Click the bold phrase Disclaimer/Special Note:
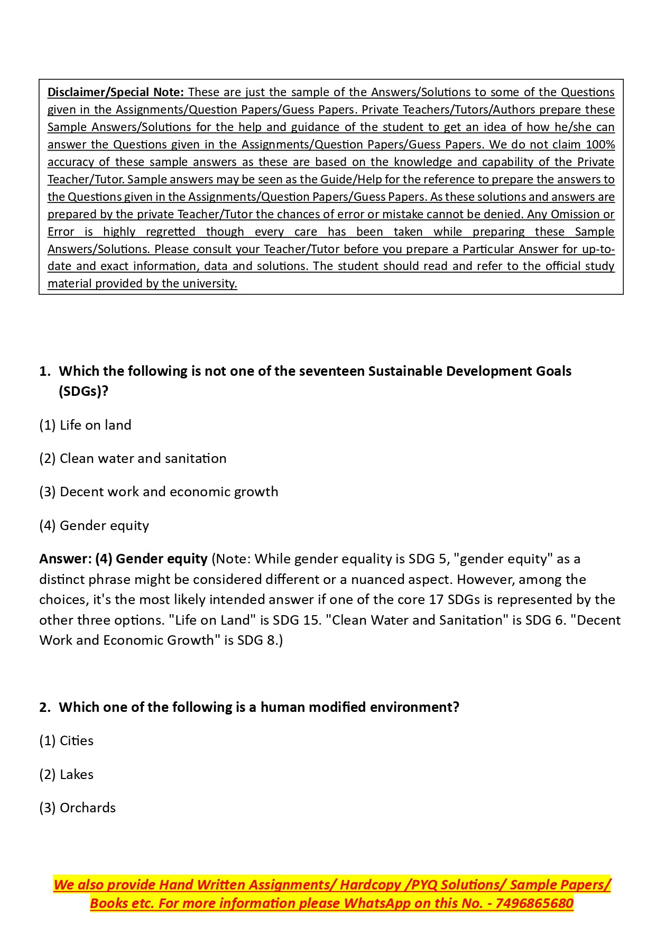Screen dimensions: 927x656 pos(115,92)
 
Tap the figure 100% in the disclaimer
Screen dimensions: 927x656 pos(600,144)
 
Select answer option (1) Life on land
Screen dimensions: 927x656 pos(85,425)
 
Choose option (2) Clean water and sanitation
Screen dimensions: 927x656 pos(133,458)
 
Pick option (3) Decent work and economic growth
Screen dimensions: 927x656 pos(159,492)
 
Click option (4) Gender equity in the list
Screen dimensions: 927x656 pos(94,525)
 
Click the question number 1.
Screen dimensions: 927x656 pos(44,371)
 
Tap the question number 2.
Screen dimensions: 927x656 pos(44,707)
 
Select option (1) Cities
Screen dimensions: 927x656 pos(67,740)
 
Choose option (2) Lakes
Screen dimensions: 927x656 pos(67,774)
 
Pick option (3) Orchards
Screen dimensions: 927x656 pos(78,808)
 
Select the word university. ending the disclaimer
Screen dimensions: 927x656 pos(210,283)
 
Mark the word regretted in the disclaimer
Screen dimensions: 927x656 pos(170,231)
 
